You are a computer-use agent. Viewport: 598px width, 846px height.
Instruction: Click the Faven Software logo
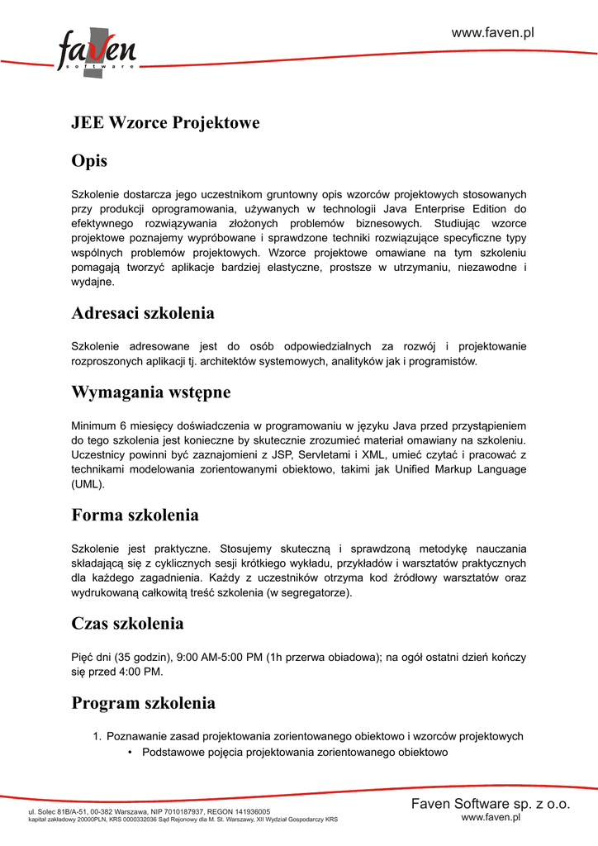click(96, 52)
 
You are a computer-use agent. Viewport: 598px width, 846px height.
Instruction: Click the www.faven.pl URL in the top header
click(493, 32)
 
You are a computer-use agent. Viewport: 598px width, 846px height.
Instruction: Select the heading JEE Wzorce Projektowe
click(165, 123)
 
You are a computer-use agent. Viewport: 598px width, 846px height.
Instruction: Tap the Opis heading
click(89, 160)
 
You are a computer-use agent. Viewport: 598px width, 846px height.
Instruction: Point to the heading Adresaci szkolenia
click(143, 314)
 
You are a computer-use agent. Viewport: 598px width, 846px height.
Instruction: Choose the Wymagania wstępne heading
click(151, 392)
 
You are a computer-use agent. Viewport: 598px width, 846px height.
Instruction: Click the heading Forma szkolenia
click(135, 516)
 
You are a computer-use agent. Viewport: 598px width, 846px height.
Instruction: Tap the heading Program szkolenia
click(144, 704)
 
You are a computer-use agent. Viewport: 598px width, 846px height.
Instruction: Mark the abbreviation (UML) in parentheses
click(88, 485)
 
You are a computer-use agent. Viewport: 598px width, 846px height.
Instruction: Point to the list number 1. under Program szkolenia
click(97, 736)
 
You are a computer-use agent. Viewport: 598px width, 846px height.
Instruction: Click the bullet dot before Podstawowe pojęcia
click(131, 753)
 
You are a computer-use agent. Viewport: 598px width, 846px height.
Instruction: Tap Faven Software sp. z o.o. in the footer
click(491, 804)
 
